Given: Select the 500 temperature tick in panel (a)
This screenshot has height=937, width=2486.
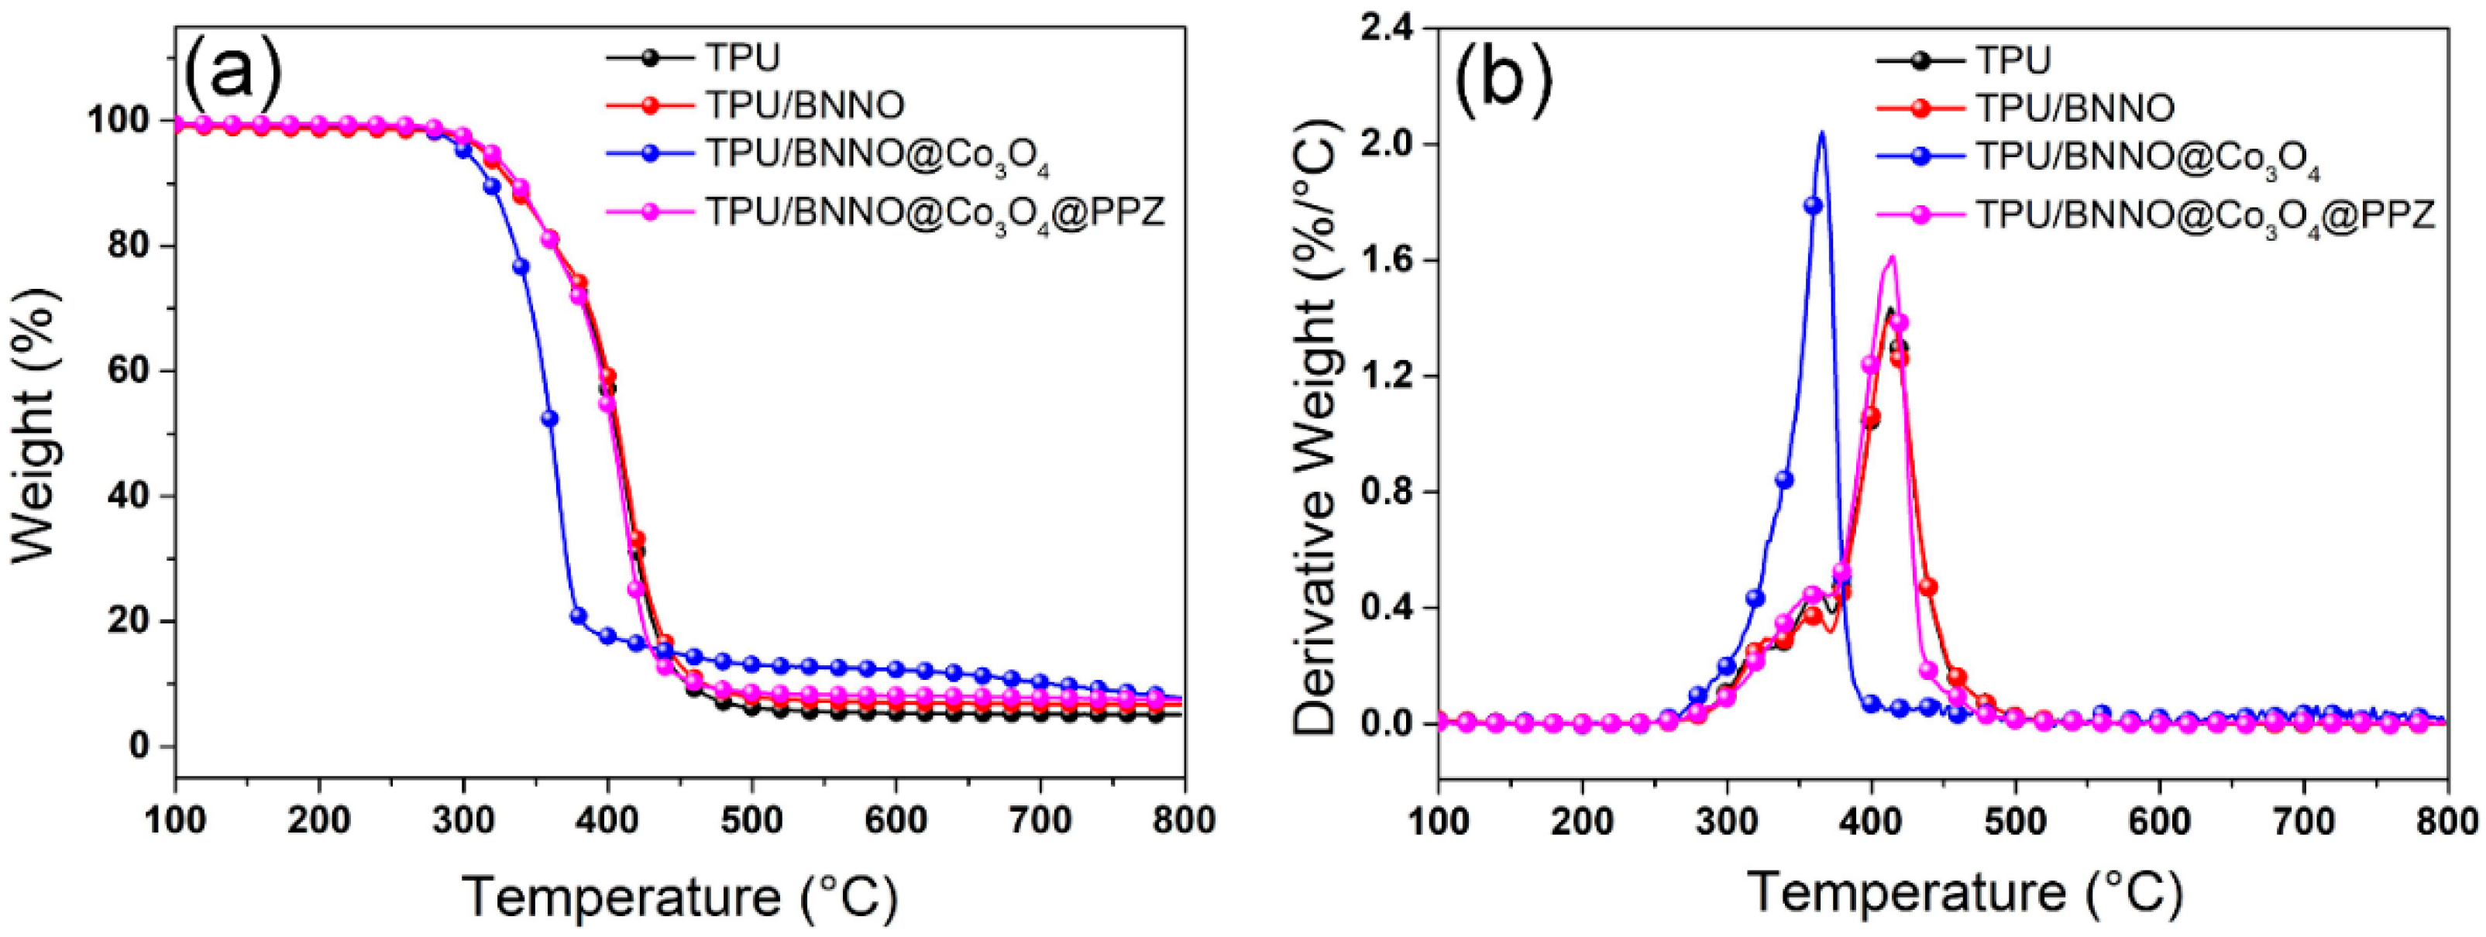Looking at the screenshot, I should pos(751,820).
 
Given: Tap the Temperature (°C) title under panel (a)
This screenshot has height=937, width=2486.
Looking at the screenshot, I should pos(680,897).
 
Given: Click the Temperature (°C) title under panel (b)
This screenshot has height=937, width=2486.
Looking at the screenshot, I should pos(1964,893).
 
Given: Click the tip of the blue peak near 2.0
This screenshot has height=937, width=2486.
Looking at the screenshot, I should pos(1822,132).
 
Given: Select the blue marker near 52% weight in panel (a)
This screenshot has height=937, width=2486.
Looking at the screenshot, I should pos(549,418).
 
